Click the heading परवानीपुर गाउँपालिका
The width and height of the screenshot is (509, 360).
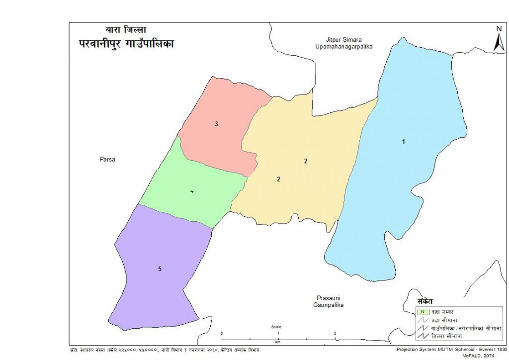coord(127,44)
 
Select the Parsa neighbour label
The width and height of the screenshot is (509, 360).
coord(107,160)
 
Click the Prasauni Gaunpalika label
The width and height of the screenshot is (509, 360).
coord(329,301)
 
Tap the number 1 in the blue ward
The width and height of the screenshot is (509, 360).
coord(404,142)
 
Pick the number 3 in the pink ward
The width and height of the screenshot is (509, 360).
coord(216,123)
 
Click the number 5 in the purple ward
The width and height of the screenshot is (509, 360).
coord(160,269)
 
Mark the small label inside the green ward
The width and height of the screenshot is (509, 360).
coord(191,191)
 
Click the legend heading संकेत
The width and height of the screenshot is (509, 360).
coord(425,301)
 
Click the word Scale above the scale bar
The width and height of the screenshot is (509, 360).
coord(276,327)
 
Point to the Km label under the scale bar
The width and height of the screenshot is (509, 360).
coord(278,342)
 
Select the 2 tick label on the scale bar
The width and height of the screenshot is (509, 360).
coord(335,333)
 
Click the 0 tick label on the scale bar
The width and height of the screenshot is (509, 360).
coord(222,333)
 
